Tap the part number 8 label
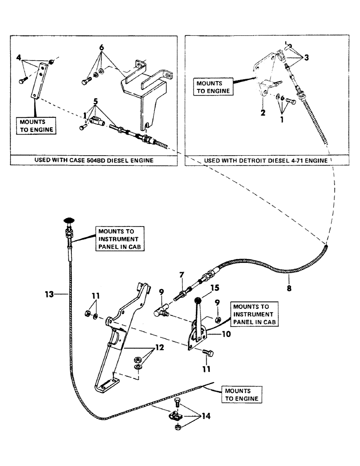pos(290,288)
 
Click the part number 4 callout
pos(19,58)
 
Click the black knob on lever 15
pos(197,300)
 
